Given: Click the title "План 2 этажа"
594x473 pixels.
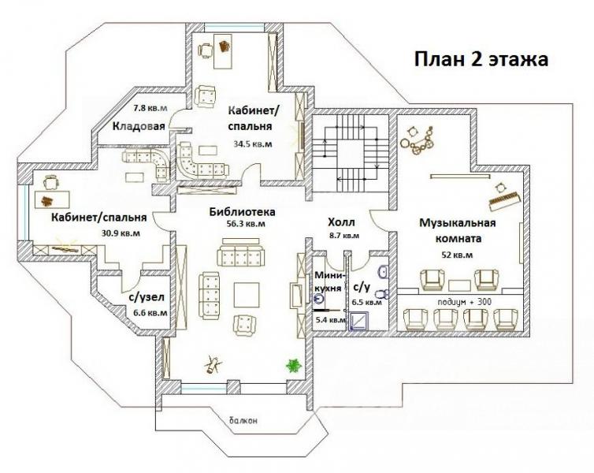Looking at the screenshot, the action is [481, 60].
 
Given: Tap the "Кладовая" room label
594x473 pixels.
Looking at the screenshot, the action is [139, 126].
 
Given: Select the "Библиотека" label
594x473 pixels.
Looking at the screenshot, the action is [243, 211].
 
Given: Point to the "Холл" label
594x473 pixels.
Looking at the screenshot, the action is [341, 222].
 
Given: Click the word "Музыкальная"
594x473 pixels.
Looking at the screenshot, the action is [457, 222].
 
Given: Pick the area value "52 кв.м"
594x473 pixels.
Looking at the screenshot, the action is [457, 255].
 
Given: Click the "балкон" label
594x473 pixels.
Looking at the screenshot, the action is [243, 421].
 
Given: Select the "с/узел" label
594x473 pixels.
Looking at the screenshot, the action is [147, 298].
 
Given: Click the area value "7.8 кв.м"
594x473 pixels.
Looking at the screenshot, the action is [150, 109].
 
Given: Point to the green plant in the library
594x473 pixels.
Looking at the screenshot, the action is [293, 366].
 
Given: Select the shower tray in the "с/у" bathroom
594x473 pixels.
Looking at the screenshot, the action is [358, 321].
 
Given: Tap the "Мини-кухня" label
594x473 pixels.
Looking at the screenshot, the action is [329, 281].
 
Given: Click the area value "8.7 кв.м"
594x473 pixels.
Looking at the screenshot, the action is [344, 236].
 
